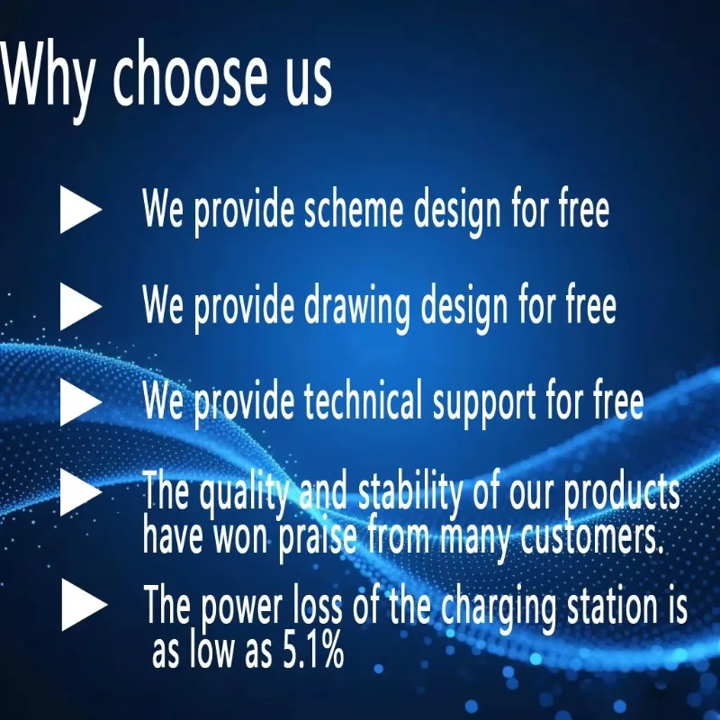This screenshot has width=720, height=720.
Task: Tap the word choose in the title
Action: (190, 74)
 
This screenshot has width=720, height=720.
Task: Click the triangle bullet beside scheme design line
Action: (81, 210)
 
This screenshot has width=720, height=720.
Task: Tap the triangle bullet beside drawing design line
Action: (81, 306)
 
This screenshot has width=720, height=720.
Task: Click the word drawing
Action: (356, 307)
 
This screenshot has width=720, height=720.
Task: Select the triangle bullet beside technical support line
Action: (81, 401)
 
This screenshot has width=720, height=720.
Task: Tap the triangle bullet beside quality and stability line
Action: (81, 491)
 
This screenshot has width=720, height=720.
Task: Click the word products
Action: (622, 491)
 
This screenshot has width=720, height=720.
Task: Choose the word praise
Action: (318, 538)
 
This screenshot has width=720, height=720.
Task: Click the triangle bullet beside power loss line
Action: (84, 605)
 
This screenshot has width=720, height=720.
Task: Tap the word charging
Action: (499, 608)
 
